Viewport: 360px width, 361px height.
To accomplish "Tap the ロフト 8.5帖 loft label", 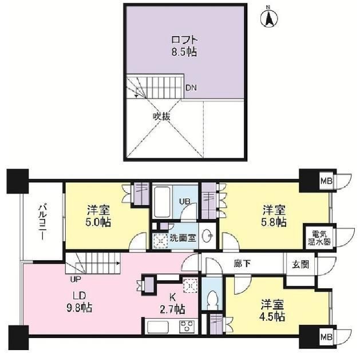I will (x=184, y=46).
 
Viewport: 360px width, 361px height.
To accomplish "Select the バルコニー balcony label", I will (x=42, y=221).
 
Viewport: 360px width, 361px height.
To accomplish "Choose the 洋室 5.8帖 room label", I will (x=275, y=216).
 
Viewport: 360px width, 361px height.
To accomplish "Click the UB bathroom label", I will (x=185, y=201).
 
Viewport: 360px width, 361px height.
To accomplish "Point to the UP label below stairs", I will (x=74, y=280).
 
